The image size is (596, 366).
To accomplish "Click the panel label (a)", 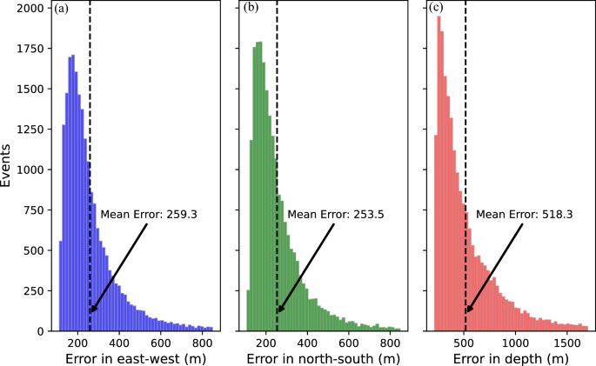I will (62, 9).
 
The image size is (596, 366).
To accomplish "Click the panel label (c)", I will (437, 9).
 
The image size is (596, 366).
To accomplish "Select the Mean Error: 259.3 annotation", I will (149, 213).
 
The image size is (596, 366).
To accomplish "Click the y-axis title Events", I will (8, 167).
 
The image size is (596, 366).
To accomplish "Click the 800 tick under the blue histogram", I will (203, 342).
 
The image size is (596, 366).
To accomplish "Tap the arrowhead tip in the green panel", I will (278, 312).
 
